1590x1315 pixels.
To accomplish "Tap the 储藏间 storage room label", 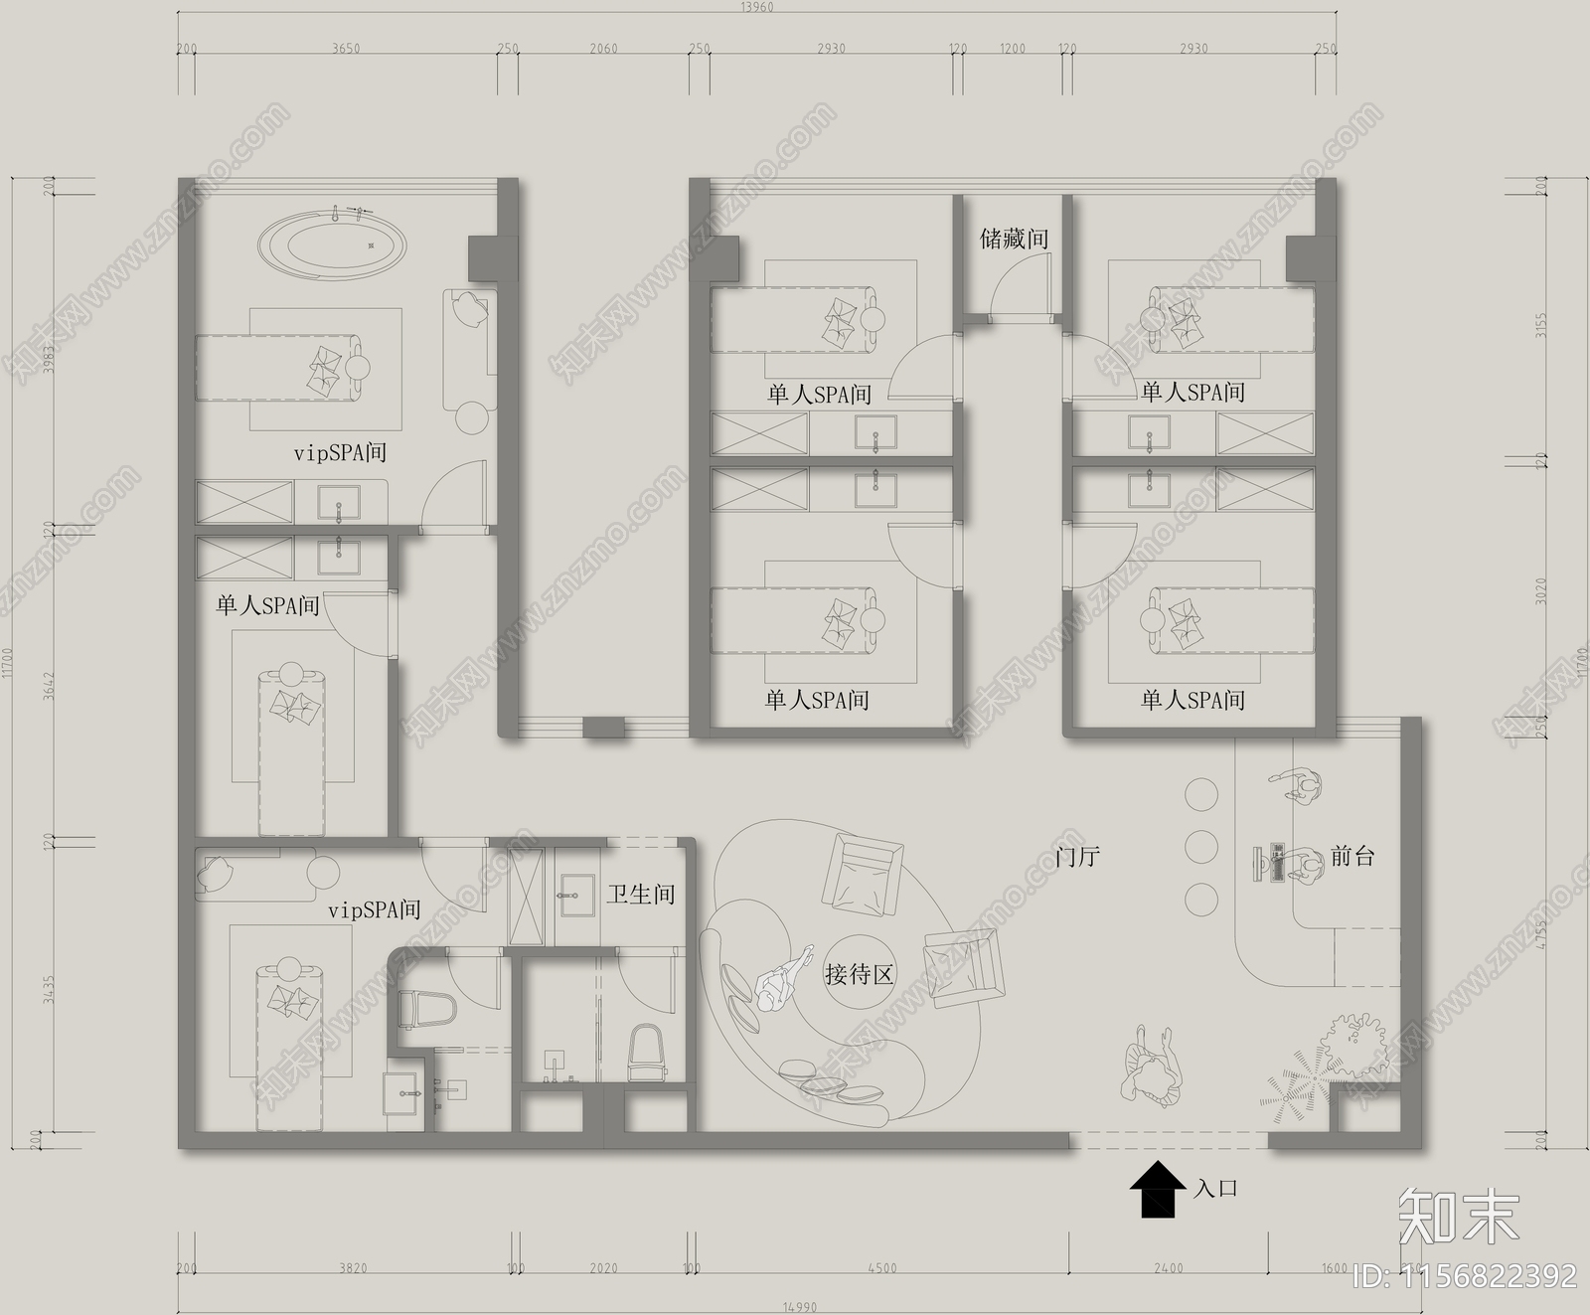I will [x=1014, y=239].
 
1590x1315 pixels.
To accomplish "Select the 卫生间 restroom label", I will [x=641, y=894].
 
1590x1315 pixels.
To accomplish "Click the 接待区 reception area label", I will [x=860, y=974].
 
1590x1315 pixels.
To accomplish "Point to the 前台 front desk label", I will [x=1351, y=856].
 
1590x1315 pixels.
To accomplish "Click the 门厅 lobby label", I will [x=1077, y=856].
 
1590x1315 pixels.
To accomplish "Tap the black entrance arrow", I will [x=1158, y=1190].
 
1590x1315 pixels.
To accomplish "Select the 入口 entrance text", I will [x=1216, y=1188].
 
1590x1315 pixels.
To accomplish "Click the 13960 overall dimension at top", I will [x=756, y=7].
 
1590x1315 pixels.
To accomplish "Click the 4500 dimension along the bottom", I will [x=880, y=1268].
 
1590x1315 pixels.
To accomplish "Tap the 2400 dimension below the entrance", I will [x=1169, y=1268].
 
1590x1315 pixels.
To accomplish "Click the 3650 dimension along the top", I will [x=346, y=49].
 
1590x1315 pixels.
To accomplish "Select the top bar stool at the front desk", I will [x=1200, y=794].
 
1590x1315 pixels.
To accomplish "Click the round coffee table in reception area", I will [x=860, y=972].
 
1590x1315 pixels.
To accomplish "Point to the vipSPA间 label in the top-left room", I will [x=340, y=453].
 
